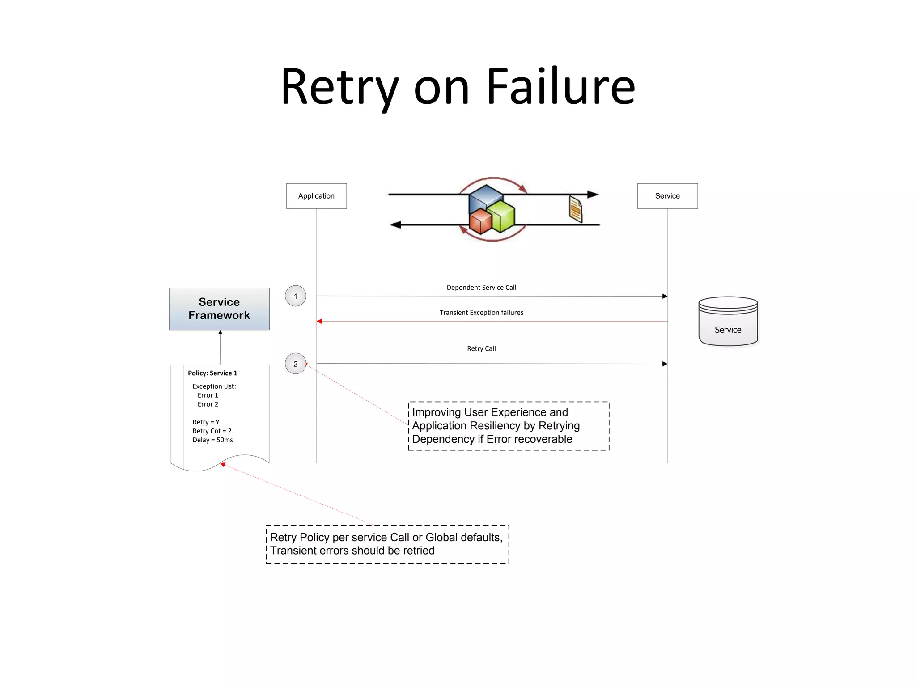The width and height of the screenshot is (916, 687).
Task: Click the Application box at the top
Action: (316, 196)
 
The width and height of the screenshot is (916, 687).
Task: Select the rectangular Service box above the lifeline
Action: (667, 196)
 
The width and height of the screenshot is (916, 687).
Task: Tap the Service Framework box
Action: (219, 309)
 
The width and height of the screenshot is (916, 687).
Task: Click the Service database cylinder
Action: (728, 322)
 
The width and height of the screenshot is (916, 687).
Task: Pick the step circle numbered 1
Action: (295, 296)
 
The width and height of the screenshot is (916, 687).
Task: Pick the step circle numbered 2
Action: (295, 364)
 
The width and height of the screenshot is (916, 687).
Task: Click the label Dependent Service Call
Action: (481, 288)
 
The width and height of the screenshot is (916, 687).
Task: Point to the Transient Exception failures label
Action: (481, 313)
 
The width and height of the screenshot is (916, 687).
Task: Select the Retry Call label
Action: (481, 348)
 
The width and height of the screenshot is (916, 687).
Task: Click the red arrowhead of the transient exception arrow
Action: (319, 321)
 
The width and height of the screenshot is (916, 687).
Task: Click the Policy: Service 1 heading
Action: (212, 373)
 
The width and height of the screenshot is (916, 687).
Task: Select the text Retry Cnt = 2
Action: (212, 431)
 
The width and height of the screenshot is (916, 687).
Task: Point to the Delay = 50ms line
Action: (212, 440)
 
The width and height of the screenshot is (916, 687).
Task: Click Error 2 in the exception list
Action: (208, 404)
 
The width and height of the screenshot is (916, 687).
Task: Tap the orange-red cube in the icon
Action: (480, 222)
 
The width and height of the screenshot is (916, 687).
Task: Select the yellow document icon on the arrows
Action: (576, 209)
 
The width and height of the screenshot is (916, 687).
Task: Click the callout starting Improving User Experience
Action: (509, 426)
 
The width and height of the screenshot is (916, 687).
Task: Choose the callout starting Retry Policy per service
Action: (387, 544)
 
